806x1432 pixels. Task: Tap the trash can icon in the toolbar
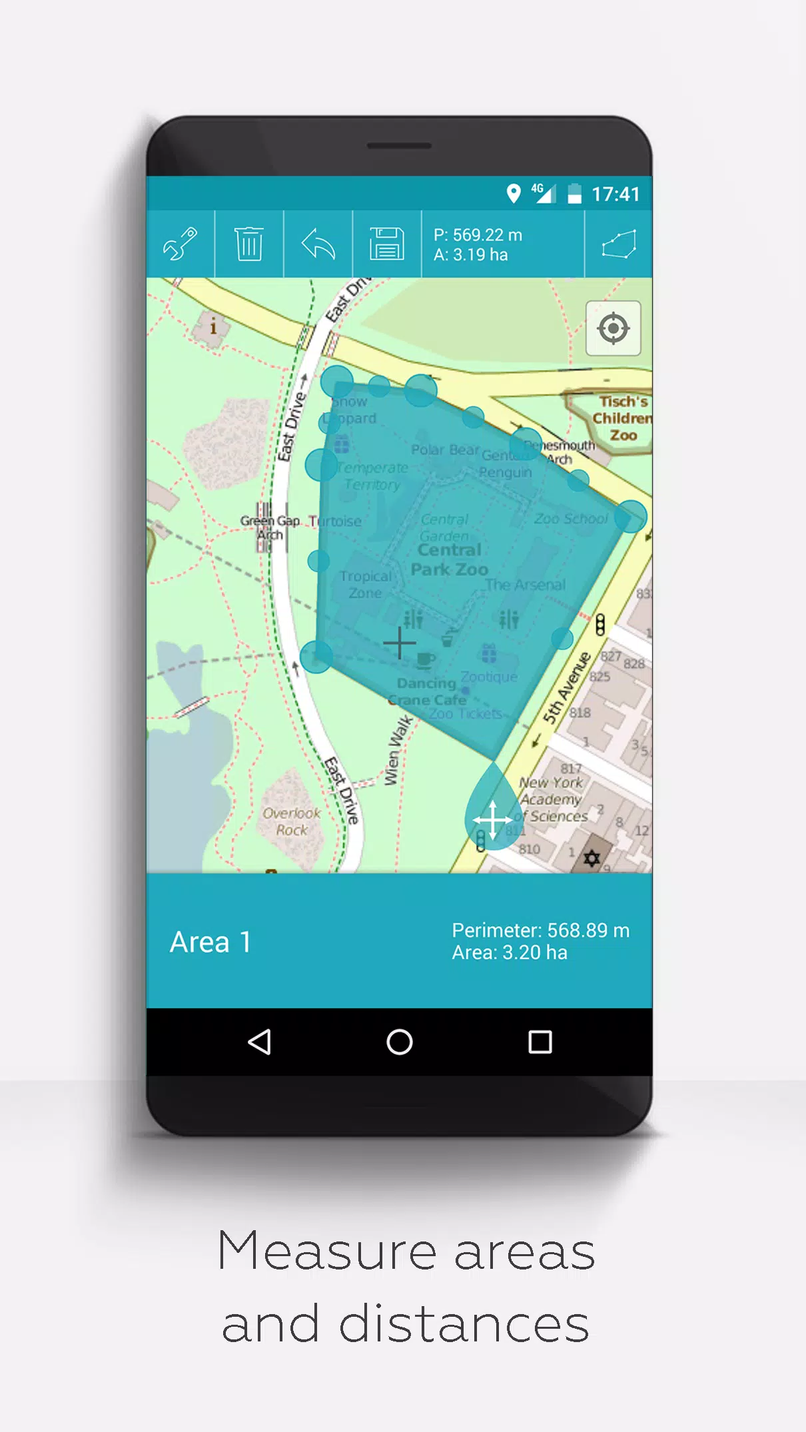point(249,244)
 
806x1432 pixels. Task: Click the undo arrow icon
point(318,244)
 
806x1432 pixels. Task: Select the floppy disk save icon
point(386,244)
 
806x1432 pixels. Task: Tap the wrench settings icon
point(181,244)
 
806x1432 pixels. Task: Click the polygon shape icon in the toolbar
point(619,244)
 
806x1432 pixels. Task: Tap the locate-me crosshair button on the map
point(613,328)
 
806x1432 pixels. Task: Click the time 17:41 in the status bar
point(615,194)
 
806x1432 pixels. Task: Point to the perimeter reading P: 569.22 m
point(478,235)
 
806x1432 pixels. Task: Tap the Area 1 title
point(210,942)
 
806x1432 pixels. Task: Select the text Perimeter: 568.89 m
point(540,930)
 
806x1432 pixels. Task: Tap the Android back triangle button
point(259,1042)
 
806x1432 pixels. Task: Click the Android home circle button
point(400,1042)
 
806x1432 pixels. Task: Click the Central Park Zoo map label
point(449,559)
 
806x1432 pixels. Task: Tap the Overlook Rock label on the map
point(292,821)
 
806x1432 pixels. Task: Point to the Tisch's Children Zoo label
point(622,418)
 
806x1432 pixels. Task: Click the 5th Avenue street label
point(566,687)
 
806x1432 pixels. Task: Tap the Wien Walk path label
point(398,751)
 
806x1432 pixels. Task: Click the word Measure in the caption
point(326,1252)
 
